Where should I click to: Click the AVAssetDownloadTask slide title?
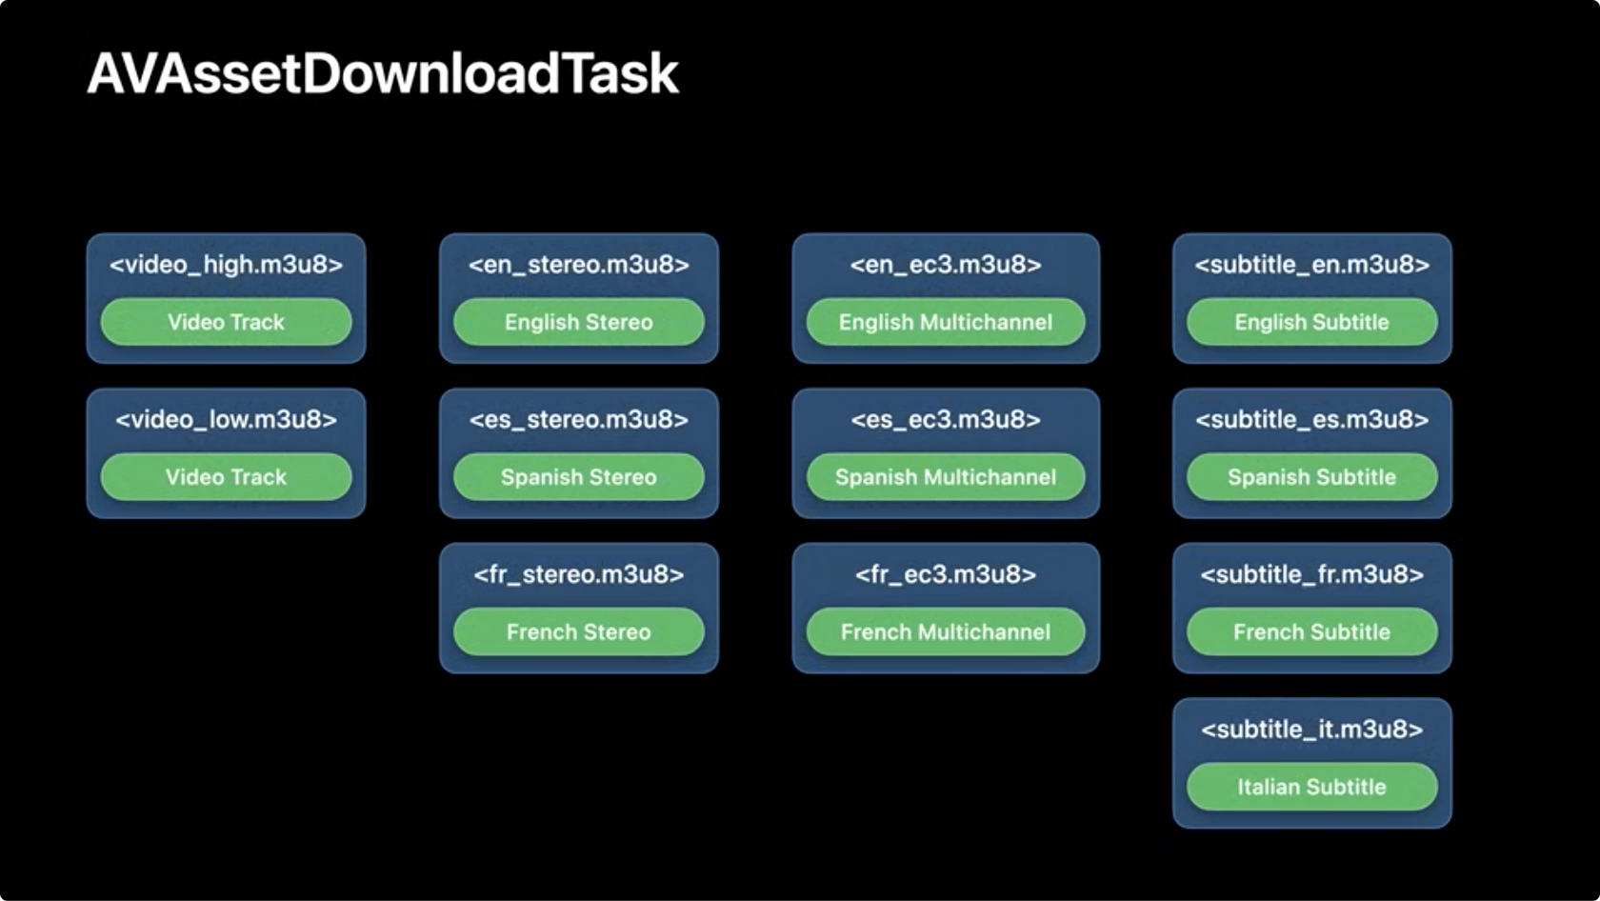tap(383, 73)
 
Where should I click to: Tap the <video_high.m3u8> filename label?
tap(226, 265)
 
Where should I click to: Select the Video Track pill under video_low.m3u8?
tap(226, 476)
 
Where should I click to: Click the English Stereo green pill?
tap(579, 322)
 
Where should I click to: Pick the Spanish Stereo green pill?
tap(579, 476)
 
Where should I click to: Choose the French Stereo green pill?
tap(579, 631)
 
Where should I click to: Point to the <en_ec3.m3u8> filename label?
tap(946, 265)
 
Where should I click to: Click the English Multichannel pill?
tap(946, 322)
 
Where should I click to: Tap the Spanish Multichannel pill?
tap(946, 476)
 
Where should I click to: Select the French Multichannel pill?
tap(946, 631)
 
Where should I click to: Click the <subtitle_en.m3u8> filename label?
tap(1312, 265)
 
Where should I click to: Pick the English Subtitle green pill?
tap(1312, 322)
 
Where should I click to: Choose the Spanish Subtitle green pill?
tap(1312, 476)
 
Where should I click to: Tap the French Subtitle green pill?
tap(1312, 631)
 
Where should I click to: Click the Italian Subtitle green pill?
tap(1312, 787)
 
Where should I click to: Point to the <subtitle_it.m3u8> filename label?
tap(1312, 729)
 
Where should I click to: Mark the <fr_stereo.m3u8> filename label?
tap(579, 573)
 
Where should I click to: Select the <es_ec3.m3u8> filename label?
tap(946, 419)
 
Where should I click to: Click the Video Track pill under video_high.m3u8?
tap(226, 322)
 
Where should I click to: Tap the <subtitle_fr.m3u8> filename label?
tap(1312, 573)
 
